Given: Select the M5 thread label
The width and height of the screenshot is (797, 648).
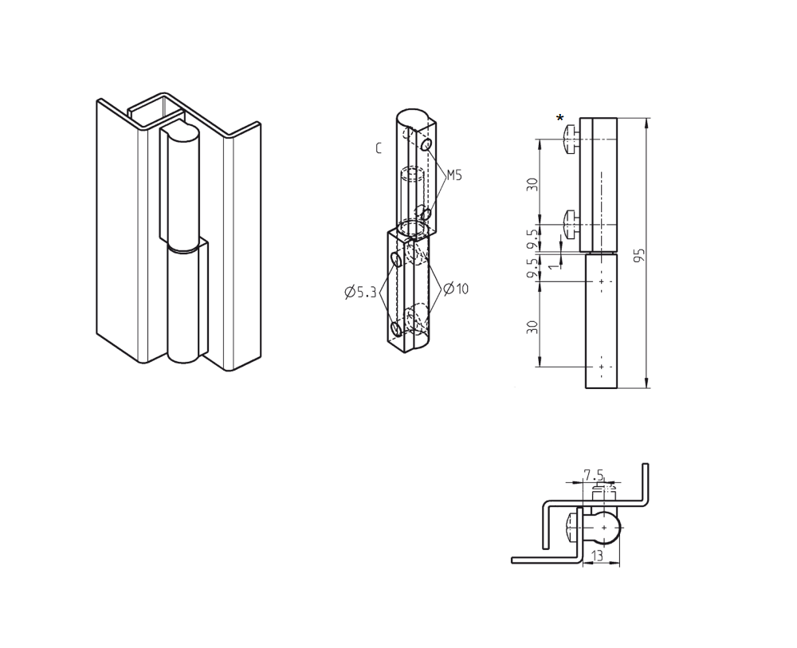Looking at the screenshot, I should (453, 175).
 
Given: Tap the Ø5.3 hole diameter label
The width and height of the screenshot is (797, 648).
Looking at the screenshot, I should (360, 293).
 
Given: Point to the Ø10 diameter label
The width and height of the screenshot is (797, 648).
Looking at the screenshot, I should (456, 289).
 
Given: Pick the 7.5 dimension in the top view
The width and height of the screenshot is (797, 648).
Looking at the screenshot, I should (593, 475).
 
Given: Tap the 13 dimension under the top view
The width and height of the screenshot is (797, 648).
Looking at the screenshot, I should (598, 556).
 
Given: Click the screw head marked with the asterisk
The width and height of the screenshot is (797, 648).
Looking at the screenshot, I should (571, 139).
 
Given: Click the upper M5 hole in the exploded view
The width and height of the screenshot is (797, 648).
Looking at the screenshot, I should (426, 145).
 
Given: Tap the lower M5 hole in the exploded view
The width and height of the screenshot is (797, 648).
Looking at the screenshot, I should (427, 214).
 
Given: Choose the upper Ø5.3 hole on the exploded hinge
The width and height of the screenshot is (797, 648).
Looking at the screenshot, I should (396, 259).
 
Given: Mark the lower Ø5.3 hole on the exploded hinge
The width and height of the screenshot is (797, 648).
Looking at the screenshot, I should (396, 328).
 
